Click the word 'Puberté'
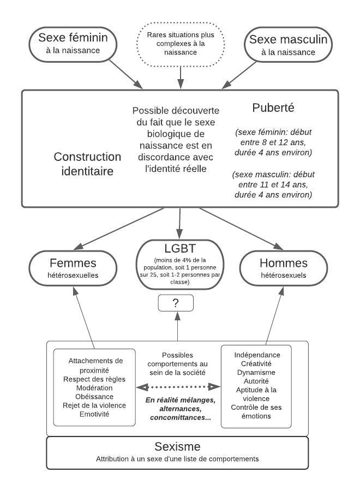click(273, 108)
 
